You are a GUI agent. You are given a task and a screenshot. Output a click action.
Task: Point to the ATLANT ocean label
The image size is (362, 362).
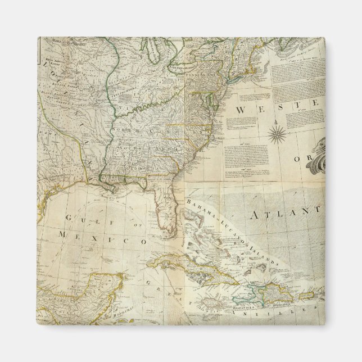pos(283,214)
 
